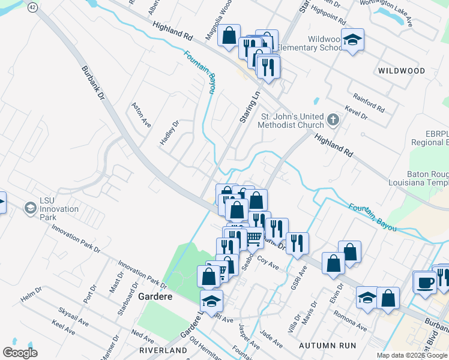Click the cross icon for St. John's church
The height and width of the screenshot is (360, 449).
[x=334, y=120]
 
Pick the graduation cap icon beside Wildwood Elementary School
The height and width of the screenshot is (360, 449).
[x=352, y=40]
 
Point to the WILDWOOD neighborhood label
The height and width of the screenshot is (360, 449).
[x=402, y=71]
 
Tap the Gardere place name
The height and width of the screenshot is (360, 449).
[x=155, y=297]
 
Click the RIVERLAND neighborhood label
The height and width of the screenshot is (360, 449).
[x=163, y=350]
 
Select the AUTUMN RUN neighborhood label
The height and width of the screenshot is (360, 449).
[x=328, y=346]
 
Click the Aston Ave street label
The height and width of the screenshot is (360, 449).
[x=142, y=113]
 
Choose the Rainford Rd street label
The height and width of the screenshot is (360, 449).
[x=369, y=103]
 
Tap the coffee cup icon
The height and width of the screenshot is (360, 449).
[x=425, y=282]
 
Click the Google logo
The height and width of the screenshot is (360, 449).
[x=20, y=353]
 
